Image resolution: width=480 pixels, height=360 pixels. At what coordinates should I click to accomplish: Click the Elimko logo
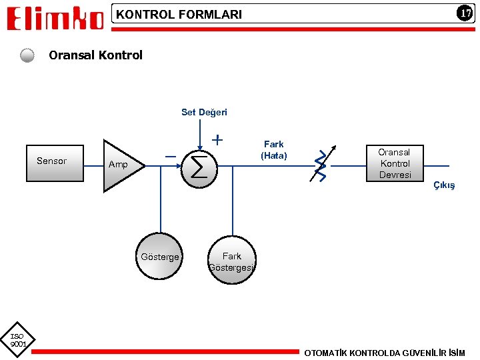[x=56, y=18]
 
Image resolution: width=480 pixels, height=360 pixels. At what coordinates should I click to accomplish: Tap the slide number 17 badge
[x=464, y=13]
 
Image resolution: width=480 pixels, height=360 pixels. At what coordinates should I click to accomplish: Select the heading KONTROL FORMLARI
[x=179, y=14]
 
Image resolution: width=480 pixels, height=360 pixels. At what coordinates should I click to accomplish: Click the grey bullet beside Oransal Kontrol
[x=27, y=55]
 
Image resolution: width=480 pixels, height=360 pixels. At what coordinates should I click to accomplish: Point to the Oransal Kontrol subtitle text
[x=95, y=55]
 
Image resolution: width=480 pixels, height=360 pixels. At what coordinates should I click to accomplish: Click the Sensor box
[x=55, y=162]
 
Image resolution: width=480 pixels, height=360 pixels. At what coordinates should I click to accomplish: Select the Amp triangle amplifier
[x=121, y=165]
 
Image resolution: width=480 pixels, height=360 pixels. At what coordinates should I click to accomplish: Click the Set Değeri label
[x=204, y=112]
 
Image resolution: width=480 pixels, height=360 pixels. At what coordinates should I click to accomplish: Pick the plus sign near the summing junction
[x=217, y=141]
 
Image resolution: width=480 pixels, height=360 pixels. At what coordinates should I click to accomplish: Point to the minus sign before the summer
[x=171, y=155]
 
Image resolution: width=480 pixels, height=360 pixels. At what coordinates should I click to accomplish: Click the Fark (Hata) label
[x=273, y=149]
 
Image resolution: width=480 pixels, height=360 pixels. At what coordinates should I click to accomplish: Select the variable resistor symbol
[x=322, y=165]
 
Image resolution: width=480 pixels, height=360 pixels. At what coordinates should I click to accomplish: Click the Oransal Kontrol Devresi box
[x=395, y=163]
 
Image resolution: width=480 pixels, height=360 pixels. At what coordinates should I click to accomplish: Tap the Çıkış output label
[x=443, y=185]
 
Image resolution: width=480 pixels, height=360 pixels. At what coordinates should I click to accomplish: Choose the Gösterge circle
[x=160, y=256]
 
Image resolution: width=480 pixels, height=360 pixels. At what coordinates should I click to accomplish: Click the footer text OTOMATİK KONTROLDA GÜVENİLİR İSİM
[x=385, y=352]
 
